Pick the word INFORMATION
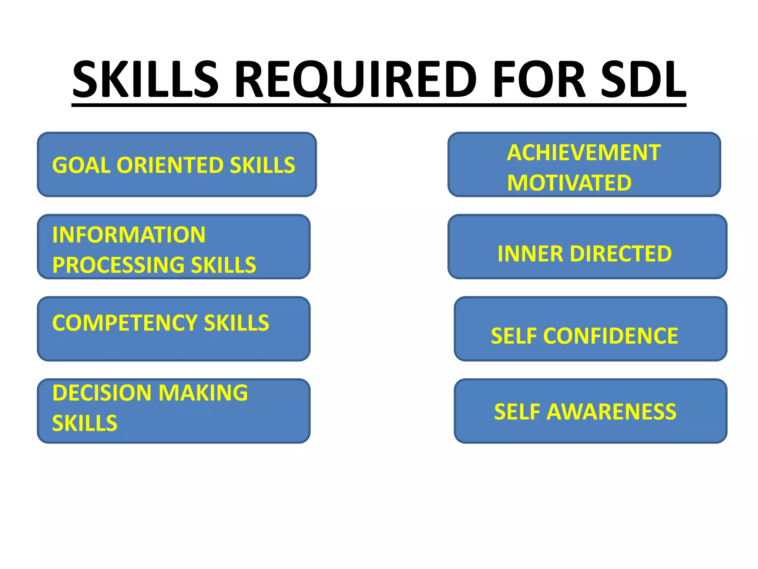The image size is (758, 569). click(x=129, y=235)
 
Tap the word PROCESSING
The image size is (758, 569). click(x=118, y=265)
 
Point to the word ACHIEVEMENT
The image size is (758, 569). click(x=584, y=153)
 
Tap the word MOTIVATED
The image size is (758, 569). click(x=569, y=183)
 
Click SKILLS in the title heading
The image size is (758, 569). click(x=145, y=80)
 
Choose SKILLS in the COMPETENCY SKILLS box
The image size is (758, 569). click(x=237, y=323)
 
